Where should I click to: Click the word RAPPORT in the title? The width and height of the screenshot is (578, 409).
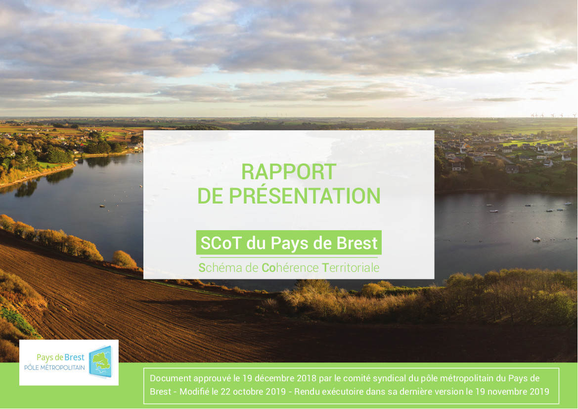pos(289,172)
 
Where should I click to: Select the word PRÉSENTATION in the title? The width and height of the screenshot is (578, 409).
pos(305,196)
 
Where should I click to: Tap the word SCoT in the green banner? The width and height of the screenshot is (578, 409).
pos(221,243)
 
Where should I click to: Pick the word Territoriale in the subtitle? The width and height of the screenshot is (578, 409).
pos(351,267)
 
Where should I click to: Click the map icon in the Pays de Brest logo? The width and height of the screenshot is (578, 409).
pos(100,362)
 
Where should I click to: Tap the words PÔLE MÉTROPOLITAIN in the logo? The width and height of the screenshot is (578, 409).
pos(54,368)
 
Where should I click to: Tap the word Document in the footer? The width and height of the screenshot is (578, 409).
pos(171,378)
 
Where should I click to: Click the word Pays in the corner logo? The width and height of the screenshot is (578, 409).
pos(44,358)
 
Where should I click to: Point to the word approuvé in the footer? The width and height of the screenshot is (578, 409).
pos(212,379)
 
